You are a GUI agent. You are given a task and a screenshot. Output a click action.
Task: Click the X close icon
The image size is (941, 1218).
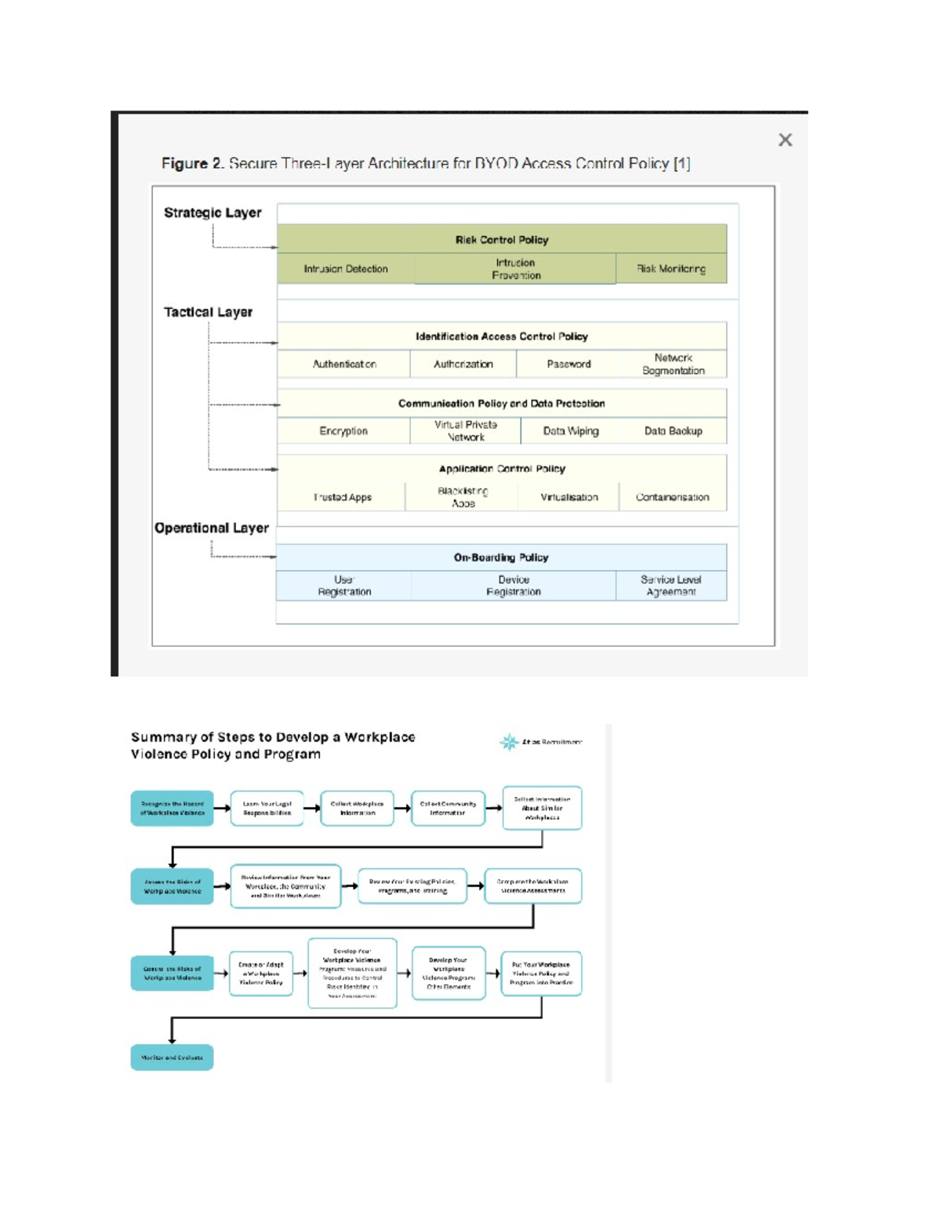pos(785,140)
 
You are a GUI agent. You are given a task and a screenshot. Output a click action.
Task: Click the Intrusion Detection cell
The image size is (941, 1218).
pos(346,269)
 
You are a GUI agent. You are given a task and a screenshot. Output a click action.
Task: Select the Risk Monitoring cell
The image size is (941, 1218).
pos(671,269)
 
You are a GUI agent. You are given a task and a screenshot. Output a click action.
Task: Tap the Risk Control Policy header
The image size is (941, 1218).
pos(502,240)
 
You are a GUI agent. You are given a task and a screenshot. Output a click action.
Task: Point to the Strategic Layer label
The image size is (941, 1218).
pos(213,213)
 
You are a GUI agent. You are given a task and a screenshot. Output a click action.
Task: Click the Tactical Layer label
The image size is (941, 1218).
pos(208,312)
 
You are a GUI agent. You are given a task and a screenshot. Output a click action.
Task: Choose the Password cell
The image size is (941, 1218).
pos(569,364)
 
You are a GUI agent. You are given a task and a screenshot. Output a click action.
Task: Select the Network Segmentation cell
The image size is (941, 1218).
pos(673,364)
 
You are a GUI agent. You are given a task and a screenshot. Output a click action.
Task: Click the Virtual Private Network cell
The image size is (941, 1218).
pos(465,431)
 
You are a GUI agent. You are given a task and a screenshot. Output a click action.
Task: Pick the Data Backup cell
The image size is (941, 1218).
pos(673,431)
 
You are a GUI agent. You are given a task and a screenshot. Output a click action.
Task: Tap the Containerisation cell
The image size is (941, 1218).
pos(672,497)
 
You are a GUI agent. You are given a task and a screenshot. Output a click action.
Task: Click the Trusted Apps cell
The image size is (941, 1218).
pos(343,497)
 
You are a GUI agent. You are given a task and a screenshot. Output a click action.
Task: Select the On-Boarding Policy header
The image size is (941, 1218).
pos(501,558)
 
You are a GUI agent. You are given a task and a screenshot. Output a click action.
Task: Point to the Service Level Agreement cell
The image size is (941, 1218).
pos(670,586)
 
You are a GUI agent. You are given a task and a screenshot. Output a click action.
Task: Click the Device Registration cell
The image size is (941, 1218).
pos(514,586)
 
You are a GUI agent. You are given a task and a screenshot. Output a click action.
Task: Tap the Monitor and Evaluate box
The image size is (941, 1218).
pos(172,1057)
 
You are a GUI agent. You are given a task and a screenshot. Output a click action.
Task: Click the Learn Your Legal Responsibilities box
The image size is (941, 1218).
pos(267,809)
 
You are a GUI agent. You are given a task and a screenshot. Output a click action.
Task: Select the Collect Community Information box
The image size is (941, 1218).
pos(448,809)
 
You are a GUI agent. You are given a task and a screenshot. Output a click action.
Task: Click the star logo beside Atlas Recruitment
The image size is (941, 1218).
pos(510,742)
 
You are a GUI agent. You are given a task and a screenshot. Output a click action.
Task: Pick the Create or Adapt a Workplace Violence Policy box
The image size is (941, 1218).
pos(261,973)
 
